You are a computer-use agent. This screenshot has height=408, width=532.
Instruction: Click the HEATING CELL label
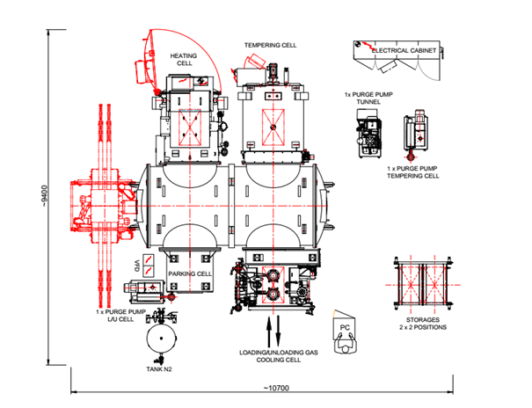(185, 59)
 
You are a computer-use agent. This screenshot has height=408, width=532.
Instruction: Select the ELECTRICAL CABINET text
(406, 51)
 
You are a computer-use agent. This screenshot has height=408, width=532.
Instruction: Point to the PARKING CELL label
(190, 273)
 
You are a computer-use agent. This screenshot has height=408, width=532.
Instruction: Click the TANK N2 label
(159, 369)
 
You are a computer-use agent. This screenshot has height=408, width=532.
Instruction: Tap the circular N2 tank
(160, 339)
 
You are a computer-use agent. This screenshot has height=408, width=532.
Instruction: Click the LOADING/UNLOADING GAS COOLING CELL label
(275, 359)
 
